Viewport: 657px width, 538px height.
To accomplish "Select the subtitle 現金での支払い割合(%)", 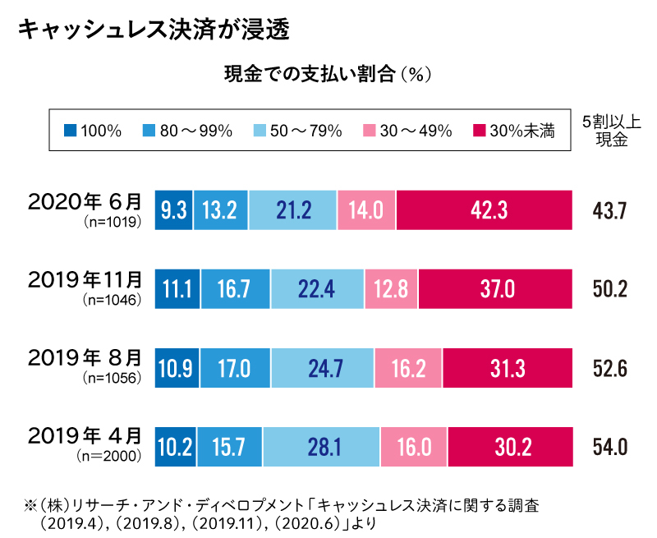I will [328, 76].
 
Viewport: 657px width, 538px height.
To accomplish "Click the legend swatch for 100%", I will [70, 130].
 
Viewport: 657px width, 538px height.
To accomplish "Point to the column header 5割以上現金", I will [611, 130].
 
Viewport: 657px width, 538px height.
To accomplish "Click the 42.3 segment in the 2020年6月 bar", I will [484, 210].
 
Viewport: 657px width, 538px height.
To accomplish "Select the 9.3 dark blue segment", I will [173, 210].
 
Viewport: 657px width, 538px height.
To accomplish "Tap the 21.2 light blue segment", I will [293, 210].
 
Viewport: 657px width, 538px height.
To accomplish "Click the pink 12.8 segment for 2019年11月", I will [391, 288].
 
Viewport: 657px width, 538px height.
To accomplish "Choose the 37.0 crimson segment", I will [494, 288].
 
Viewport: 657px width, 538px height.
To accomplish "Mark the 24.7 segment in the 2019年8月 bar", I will [323, 366].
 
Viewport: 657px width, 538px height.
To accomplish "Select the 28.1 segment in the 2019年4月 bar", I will [322, 446].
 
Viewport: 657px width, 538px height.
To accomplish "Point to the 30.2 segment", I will [510, 446].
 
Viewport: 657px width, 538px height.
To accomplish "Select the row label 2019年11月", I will [85, 280].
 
